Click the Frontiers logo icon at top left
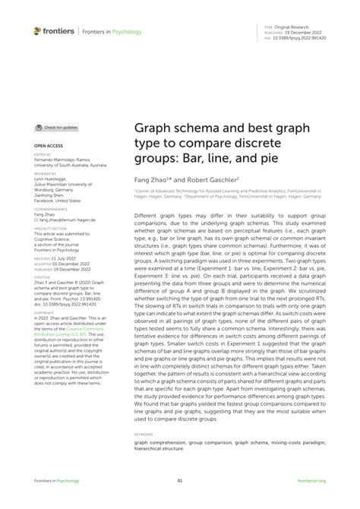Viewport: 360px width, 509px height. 37,31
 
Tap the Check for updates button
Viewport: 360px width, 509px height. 57,128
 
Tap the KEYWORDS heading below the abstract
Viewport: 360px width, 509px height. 144,434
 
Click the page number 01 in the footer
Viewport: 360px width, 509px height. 180,481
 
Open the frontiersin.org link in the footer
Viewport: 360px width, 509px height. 312,481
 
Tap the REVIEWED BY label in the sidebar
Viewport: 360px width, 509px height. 46,172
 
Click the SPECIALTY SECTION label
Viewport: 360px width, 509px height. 50,226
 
